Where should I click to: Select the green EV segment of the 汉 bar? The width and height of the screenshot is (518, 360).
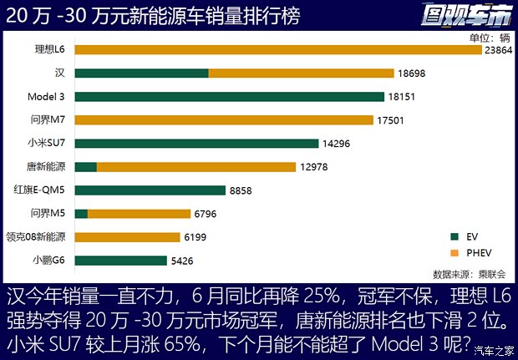coord(141,74)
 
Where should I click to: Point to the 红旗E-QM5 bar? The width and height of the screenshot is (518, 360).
coord(150,190)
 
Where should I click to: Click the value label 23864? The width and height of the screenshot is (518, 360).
coord(499,50)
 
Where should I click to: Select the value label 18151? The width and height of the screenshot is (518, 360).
coord(402,97)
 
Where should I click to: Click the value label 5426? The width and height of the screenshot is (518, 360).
coord(182,261)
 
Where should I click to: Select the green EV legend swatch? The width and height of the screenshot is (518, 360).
coord(454,236)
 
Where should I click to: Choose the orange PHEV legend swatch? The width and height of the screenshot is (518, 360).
coord(454,252)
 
